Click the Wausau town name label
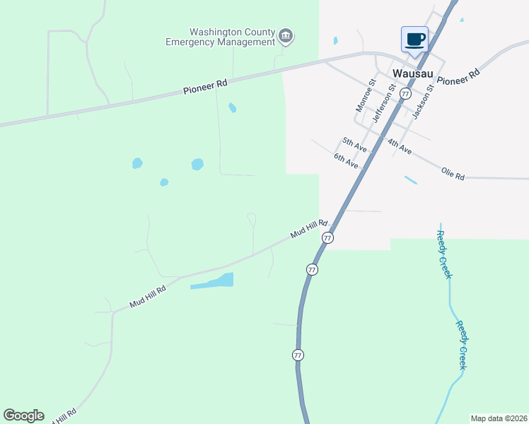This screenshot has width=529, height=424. pyautogui.click(x=412, y=73)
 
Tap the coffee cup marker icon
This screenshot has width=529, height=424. pyautogui.click(x=414, y=39)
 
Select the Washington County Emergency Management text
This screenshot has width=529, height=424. pyautogui.click(x=220, y=37)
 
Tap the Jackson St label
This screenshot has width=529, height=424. pyautogui.click(x=422, y=102)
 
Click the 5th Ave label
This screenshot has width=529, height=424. pyautogui.click(x=354, y=144)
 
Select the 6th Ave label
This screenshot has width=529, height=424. pyautogui.click(x=347, y=160)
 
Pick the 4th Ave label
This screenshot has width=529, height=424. pyautogui.click(x=399, y=146)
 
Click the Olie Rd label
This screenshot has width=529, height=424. pyautogui.click(x=453, y=173)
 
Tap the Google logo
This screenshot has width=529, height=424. pyautogui.click(x=23, y=415)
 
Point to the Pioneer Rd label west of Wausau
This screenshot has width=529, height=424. pyautogui.click(x=205, y=86)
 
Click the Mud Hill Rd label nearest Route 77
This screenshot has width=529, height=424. pyautogui.click(x=309, y=228)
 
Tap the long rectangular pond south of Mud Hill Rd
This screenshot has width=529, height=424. pyautogui.click(x=212, y=281)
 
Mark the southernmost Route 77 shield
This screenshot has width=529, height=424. pyautogui.click(x=298, y=355)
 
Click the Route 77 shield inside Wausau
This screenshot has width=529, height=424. pyautogui.click(x=405, y=93)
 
